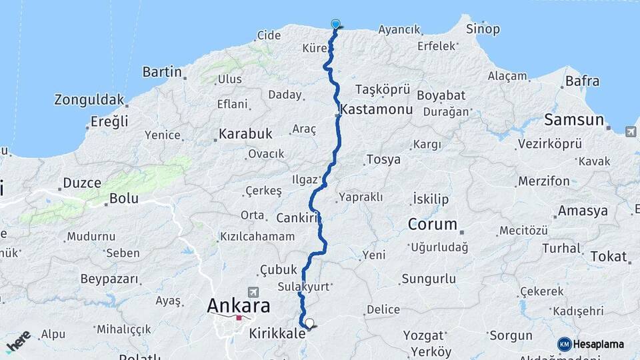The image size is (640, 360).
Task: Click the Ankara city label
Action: coord(239,306)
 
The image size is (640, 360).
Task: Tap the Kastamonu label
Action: coord(377,109)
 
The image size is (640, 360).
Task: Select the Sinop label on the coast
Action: coord(482,29)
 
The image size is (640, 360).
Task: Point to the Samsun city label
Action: coord(574,120)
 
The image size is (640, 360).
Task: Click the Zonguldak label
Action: coord(89,101)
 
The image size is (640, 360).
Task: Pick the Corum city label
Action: coord(433,224)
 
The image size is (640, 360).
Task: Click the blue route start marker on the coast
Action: coord(335,24)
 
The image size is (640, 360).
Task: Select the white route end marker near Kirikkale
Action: coord(309,323)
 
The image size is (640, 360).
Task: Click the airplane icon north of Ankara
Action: coord(253,292)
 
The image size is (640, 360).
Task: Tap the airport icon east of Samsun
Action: coord(631,131)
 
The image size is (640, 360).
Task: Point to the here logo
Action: coord(18,341)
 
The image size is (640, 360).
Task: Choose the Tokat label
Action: coord(608,257)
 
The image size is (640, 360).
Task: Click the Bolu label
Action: coord(123,198)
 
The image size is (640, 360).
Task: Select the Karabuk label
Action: coord(246,134)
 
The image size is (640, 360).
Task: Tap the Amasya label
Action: coord(583,211)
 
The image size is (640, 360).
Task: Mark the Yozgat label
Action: coord(427,335)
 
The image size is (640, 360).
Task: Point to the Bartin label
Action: coord(162,72)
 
